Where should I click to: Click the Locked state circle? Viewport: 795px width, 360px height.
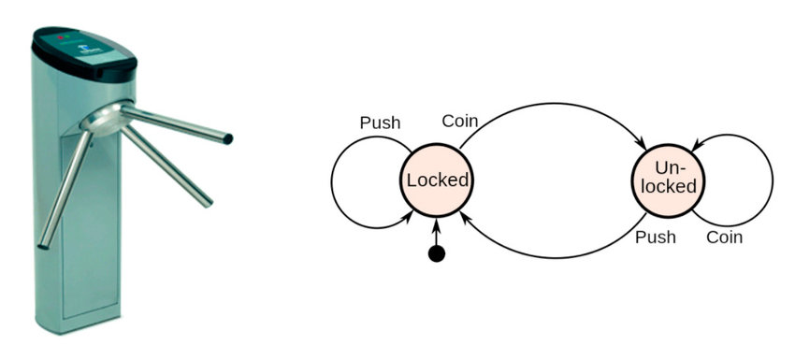(436, 179)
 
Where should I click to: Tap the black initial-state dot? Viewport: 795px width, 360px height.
(436, 254)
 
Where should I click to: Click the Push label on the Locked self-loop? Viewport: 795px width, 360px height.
(380, 123)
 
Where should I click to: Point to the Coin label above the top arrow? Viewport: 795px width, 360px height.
(461, 121)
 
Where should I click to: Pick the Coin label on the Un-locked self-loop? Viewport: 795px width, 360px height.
(724, 238)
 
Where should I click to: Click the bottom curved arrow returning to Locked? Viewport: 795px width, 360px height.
(552, 254)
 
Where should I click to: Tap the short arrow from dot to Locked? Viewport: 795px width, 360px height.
(436, 232)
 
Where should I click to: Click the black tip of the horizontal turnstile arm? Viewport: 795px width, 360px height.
(227, 139)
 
